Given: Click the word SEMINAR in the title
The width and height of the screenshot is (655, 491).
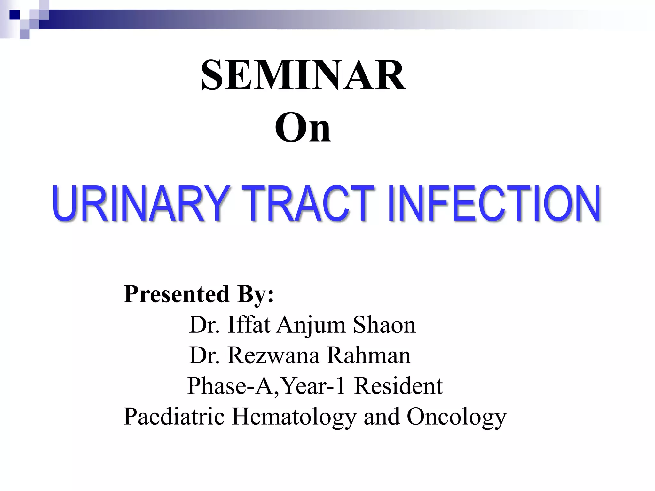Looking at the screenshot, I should [303, 75].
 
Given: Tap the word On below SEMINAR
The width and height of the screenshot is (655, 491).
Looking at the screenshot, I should [303, 128].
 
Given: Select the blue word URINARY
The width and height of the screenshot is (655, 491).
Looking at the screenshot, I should [140, 203].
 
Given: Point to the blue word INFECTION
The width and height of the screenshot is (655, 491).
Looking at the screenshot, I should [494, 203].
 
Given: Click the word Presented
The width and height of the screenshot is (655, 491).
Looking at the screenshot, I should [177, 294].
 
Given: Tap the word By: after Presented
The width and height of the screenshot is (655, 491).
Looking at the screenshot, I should [255, 294].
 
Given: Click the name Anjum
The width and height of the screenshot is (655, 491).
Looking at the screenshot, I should [311, 325].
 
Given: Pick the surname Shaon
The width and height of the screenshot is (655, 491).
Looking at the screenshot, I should [384, 325].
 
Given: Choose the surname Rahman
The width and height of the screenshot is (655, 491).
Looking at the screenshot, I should [369, 355].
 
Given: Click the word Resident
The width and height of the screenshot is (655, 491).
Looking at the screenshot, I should [399, 386].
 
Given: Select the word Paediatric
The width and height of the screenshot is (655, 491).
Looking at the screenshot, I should [174, 417].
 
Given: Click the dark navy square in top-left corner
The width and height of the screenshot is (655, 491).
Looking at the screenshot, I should [14, 15].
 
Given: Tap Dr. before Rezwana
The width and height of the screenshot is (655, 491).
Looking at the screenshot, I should [204, 355].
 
